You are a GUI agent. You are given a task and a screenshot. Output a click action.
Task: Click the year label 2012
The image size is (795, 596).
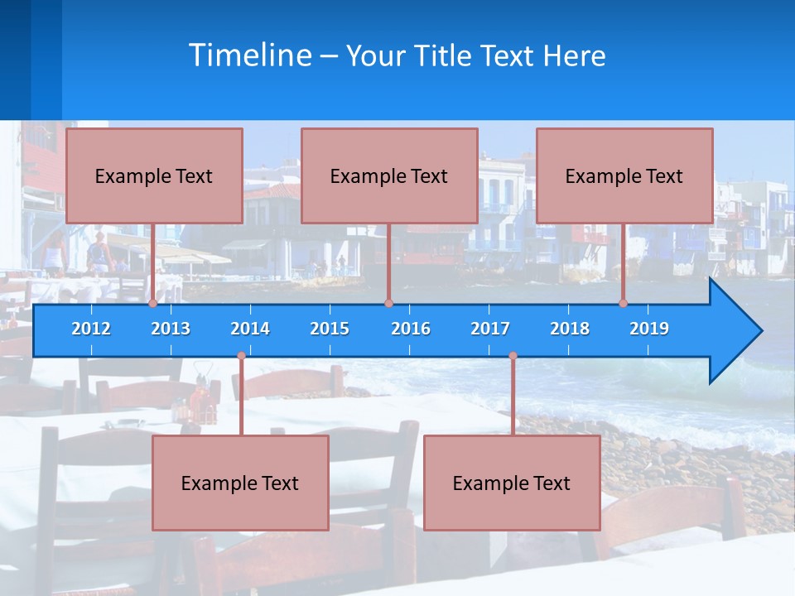(91, 329)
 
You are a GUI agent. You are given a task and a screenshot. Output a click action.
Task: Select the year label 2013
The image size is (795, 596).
(171, 329)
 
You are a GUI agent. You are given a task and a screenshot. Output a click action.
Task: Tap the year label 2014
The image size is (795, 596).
(250, 329)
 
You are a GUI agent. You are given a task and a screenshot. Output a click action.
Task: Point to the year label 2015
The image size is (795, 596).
(330, 329)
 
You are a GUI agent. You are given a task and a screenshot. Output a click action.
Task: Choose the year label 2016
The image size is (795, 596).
(411, 329)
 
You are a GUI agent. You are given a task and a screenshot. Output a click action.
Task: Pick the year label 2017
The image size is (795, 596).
(490, 329)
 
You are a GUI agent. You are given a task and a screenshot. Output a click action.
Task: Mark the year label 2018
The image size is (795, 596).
(570, 329)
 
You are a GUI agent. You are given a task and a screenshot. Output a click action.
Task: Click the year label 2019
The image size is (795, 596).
(649, 329)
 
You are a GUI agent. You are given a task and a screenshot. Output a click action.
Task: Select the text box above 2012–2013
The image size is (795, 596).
(154, 175)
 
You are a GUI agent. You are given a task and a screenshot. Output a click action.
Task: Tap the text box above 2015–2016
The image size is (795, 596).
(389, 175)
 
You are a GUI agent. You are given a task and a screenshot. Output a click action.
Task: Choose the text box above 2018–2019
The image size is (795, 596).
(624, 175)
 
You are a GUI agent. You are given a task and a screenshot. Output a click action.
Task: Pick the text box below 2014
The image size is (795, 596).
(240, 483)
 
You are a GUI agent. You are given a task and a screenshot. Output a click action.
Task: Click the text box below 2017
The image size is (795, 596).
(512, 483)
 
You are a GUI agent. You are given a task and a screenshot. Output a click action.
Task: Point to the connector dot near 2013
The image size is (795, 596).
(153, 304)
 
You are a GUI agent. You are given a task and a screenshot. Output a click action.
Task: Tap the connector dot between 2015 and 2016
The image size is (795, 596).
(388, 304)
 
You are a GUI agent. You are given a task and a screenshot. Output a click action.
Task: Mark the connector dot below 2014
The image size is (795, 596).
(241, 356)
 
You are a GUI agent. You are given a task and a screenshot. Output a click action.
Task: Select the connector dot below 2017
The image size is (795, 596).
(513, 356)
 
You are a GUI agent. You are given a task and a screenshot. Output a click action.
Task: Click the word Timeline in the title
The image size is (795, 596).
(250, 55)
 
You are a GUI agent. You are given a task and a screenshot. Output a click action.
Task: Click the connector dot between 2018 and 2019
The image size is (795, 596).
(624, 304)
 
